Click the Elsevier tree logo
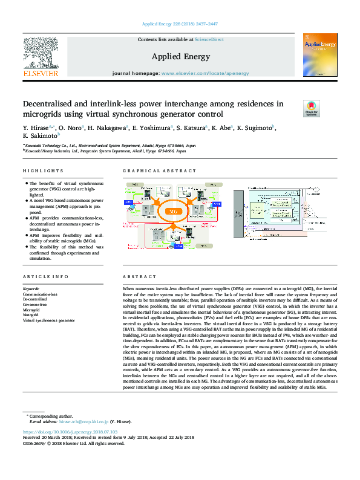point(41,54)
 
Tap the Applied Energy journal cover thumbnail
point(320,55)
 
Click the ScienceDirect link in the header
point(209,39)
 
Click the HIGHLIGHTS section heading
point(43,171)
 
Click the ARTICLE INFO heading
point(44,276)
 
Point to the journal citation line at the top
point(179,25)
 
